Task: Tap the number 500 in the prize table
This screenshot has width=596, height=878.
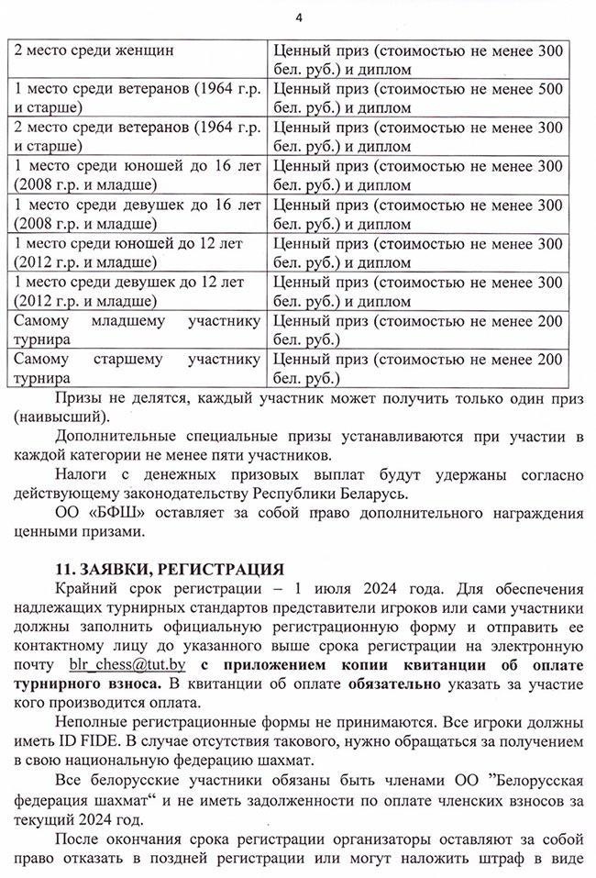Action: pyautogui.click(x=546, y=88)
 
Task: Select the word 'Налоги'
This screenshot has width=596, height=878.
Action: pyautogui.click(x=81, y=476)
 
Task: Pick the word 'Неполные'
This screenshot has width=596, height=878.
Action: pyautogui.click(x=89, y=724)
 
